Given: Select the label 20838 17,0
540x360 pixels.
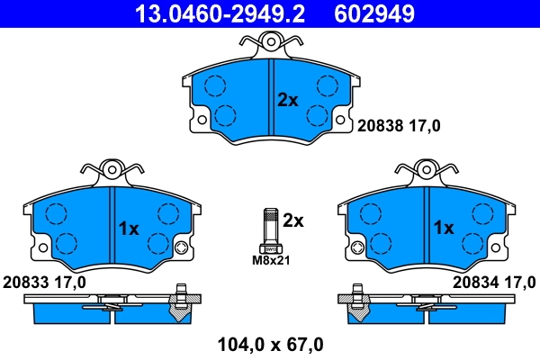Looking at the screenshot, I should pyautogui.click(x=400, y=126).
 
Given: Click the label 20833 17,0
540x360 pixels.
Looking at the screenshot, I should pyautogui.click(x=44, y=282).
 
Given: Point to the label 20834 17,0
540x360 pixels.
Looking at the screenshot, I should pyautogui.click(x=494, y=282).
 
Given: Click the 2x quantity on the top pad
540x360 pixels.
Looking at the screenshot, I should pyautogui.click(x=287, y=100).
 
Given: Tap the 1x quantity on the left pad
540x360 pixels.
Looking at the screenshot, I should pyautogui.click(x=129, y=229).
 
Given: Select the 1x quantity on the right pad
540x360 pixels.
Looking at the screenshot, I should pyautogui.click(x=443, y=229).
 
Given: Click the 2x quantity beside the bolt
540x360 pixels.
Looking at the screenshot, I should pyautogui.click(x=293, y=220).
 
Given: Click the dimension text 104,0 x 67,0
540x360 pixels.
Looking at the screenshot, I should pyautogui.click(x=270, y=343).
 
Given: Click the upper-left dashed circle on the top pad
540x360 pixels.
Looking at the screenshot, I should pyautogui.click(x=214, y=86).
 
